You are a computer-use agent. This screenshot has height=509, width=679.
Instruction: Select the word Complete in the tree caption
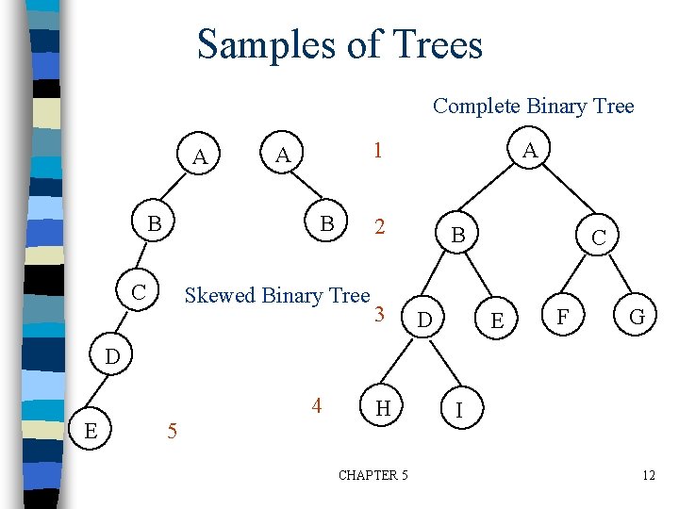click(471, 107)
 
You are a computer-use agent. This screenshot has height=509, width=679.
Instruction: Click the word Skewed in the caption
click(220, 295)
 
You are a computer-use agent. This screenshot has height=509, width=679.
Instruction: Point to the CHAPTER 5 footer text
click(373, 475)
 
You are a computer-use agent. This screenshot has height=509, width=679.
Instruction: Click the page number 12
click(648, 475)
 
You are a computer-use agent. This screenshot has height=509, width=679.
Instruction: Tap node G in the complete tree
click(638, 318)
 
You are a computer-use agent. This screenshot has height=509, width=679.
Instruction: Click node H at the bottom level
click(383, 408)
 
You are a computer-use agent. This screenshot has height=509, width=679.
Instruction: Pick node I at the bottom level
click(458, 411)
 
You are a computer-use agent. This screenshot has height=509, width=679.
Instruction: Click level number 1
click(376, 151)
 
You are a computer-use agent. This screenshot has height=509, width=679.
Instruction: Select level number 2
click(379, 227)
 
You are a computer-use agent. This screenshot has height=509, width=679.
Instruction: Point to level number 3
click(379, 314)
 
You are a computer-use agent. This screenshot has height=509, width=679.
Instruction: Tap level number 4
click(317, 406)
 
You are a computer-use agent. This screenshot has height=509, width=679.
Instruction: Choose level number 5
click(171, 433)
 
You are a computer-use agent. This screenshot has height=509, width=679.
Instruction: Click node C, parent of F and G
click(599, 239)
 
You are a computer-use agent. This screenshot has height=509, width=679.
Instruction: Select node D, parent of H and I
click(425, 322)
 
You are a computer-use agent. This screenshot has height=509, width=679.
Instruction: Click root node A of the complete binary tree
click(531, 151)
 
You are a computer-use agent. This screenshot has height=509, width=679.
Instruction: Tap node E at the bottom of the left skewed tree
click(90, 431)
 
